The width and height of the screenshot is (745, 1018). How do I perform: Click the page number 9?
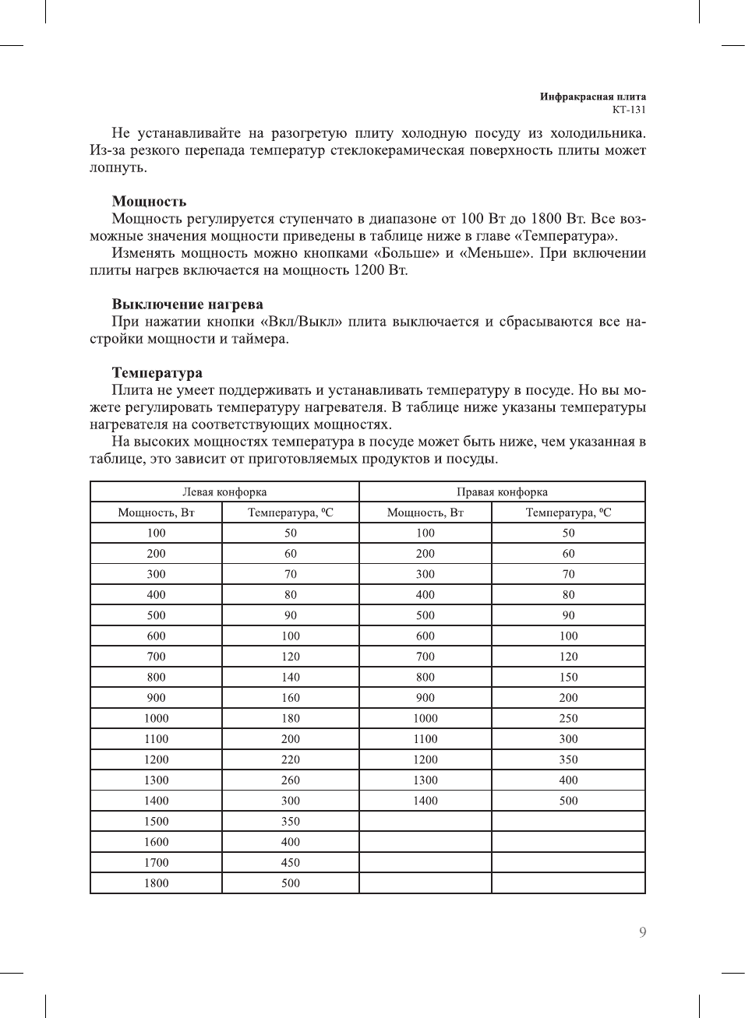pos(642,932)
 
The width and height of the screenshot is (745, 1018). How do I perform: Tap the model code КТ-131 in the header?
pos(629,110)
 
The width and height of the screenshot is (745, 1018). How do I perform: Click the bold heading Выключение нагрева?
pos(187,305)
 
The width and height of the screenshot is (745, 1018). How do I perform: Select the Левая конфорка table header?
pos(224,492)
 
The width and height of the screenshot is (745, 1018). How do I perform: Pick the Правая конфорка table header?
pos(502,492)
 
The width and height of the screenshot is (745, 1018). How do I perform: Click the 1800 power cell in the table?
pos(156,883)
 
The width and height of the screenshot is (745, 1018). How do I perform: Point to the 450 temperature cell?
pos(291,863)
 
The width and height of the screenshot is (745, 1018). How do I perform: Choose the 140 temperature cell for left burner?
pos(291,678)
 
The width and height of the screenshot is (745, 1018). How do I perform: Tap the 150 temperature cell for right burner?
pos(568,678)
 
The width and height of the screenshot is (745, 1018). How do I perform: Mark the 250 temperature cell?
pos(568,719)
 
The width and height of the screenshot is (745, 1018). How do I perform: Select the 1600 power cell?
pos(156,842)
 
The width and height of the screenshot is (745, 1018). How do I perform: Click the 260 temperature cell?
pos(291,780)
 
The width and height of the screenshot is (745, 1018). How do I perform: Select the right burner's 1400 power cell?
pos(425,801)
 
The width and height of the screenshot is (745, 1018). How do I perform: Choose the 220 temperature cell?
pos(291,759)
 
